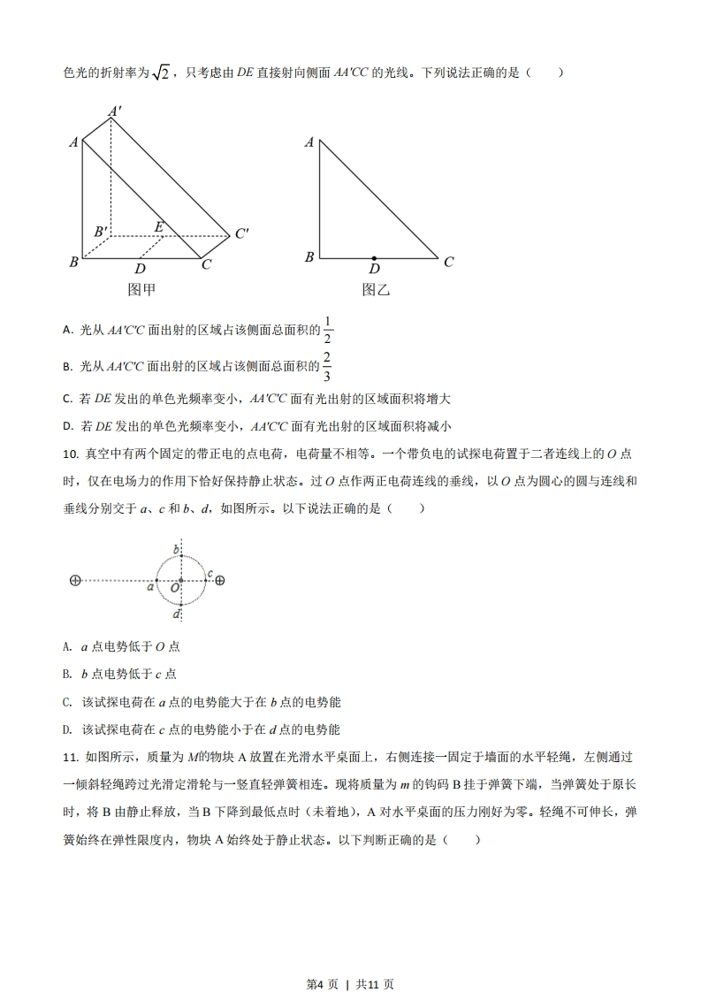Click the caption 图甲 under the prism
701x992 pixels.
point(142,288)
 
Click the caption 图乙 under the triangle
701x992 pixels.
point(376,289)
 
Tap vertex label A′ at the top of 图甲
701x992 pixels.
point(115,111)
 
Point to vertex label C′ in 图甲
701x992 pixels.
point(241,234)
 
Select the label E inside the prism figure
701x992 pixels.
point(158,227)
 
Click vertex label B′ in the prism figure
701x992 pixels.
point(102,233)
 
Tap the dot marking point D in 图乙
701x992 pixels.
point(375,258)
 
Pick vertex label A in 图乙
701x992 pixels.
point(309,142)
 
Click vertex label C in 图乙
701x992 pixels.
point(448,262)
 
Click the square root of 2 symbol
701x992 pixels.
point(160,73)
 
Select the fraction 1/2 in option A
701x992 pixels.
point(328,329)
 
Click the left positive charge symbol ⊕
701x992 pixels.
point(74,581)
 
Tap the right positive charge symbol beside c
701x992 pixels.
point(220,581)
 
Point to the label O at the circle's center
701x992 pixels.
point(174,587)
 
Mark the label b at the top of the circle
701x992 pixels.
point(176,551)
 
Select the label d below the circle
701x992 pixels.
point(177,614)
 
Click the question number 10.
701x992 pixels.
point(70,454)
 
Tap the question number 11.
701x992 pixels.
point(70,758)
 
